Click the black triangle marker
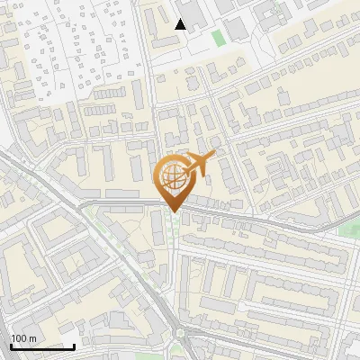(x=181, y=24)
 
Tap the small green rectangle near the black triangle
(x=218, y=38)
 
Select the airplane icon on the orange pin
(x=200, y=164)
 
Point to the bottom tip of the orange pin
(x=172, y=212)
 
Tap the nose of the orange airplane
(x=214, y=156)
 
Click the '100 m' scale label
(x=23, y=338)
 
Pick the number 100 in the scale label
(x=19, y=338)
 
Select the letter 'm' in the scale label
(x=32, y=338)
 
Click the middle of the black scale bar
(x=42, y=346)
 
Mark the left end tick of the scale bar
(x=11, y=346)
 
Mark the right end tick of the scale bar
(x=74, y=346)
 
